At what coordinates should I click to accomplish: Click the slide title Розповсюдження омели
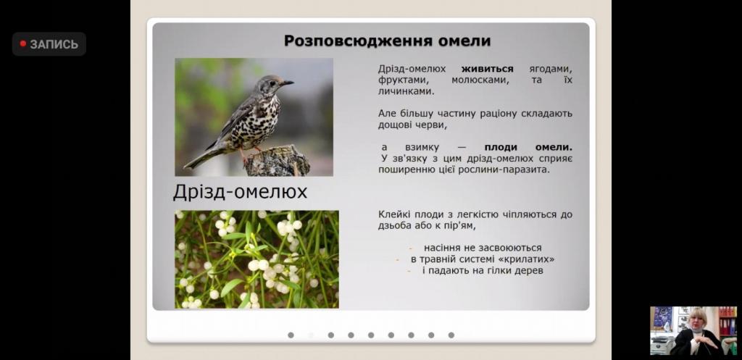tap(387, 41)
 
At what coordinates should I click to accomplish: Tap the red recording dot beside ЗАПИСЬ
tap(22, 44)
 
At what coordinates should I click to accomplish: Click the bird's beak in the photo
tap(287, 83)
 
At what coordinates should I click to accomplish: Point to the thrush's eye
tap(273, 81)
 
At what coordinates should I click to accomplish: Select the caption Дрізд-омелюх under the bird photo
tap(240, 192)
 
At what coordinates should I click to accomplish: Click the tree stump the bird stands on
tap(278, 162)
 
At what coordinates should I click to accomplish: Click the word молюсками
tap(480, 80)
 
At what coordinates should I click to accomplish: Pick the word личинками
tap(406, 91)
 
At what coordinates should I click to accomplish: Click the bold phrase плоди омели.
tap(528, 147)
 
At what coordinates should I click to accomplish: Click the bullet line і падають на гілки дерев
tap(483, 271)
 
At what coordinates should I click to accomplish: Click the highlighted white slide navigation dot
tap(311, 335)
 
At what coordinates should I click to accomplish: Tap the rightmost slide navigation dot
tap(451, 335)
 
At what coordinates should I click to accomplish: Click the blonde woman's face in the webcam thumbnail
tap(697, 322)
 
